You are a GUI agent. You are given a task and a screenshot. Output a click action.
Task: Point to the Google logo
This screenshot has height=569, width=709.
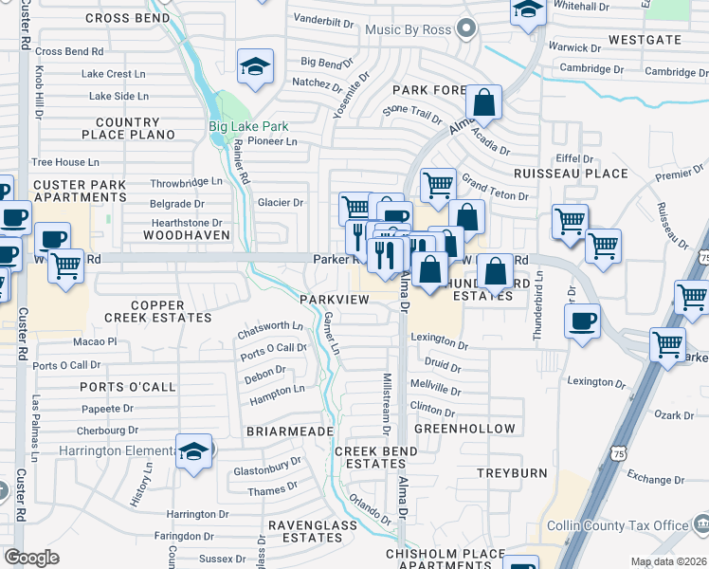click(x=31, y=558)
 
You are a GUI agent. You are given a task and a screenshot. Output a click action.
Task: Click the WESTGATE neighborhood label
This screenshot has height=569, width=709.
click(x=645, y=40)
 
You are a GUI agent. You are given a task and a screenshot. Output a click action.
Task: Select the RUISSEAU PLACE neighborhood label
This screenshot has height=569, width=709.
click(x=571, y=174)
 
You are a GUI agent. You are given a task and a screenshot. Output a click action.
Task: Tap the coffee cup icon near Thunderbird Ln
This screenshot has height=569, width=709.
click(x=582, y=320)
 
